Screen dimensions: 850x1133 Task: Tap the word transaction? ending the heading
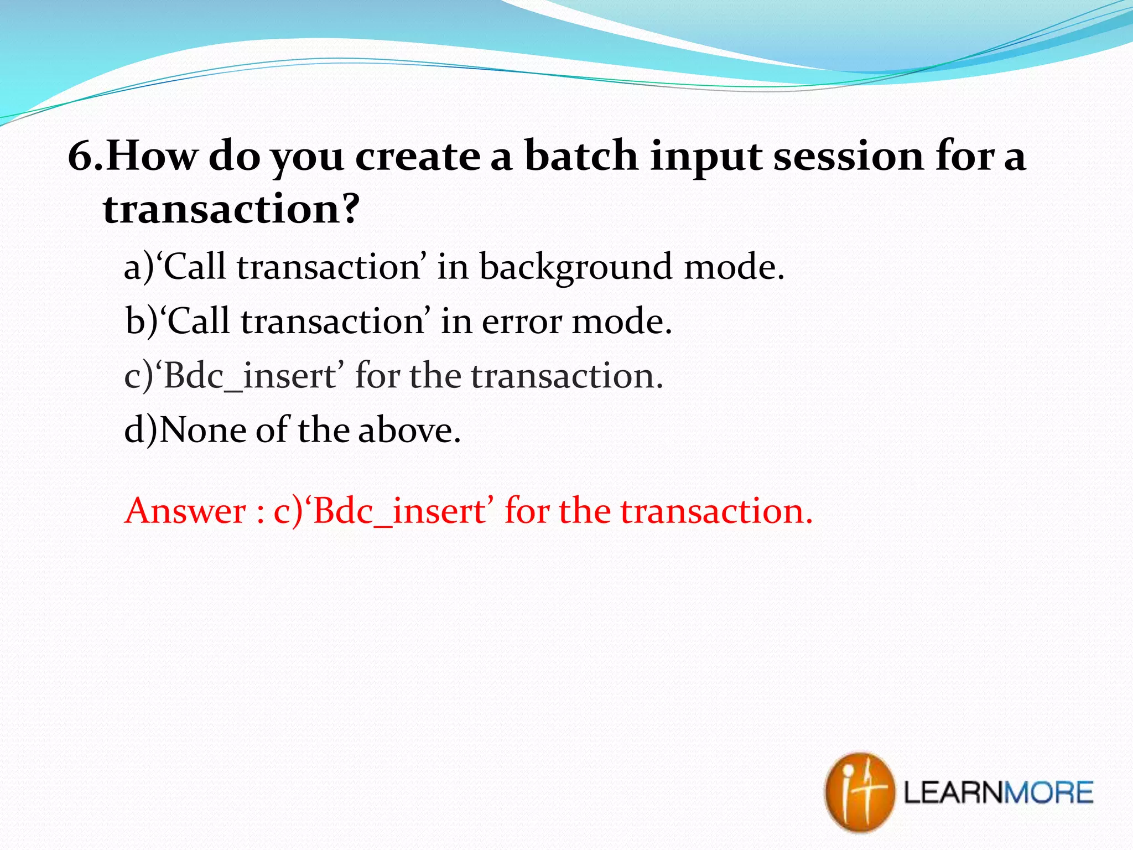(x=231, y=209)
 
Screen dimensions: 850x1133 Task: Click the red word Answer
(x=186, y=511)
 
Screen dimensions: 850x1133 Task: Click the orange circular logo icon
(x=859, y=792)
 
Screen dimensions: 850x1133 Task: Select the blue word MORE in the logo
(x=1048, y=792)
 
